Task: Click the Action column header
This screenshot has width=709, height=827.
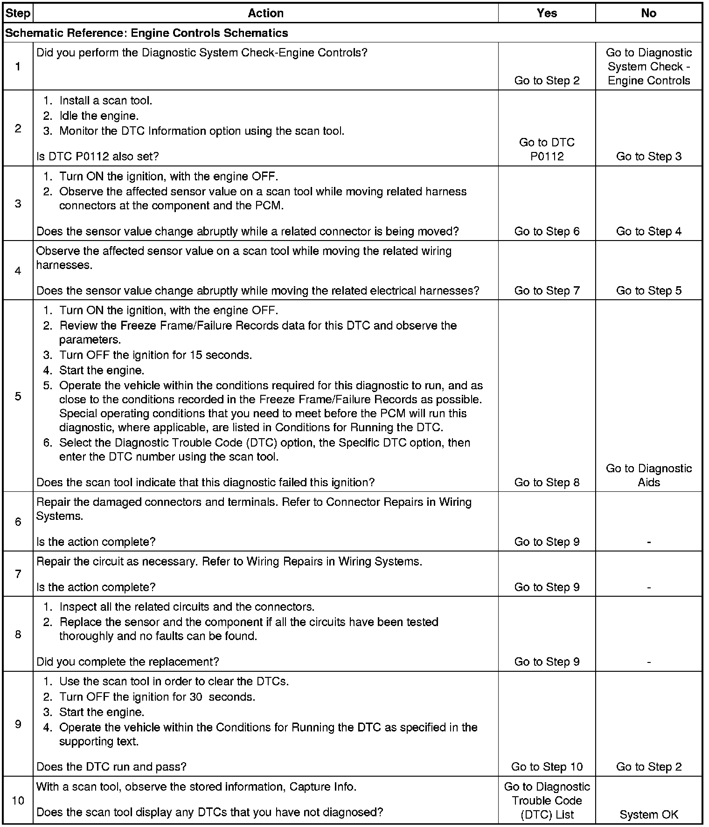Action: pyautogui.click(x=265, y=13)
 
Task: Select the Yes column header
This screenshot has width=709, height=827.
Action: pyautogui.click(x=547, y=13)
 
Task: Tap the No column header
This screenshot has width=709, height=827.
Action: pyautogui.click(x=648, y=13)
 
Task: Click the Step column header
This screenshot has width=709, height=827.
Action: pyautogui.click(x=18, y=13)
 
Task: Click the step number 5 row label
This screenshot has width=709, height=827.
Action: pyautogui.click(x=18, y=396)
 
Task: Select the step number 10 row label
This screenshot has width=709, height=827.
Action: pyautogui.click(x=18, y=800)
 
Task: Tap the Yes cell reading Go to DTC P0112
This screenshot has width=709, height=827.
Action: pyautogui.click(x=547, y=149)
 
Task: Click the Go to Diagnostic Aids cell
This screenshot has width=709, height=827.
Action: pyautogui.click(x=648, y=475)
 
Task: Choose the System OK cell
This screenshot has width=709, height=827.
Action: pyautogui.click(x=648, y=814)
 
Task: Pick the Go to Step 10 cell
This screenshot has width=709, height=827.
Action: pyautogui.click(x=547, y=766)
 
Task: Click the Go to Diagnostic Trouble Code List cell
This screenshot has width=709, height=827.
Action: pyautogui.click(x=547, y=800)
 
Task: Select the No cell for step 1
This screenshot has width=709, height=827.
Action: pyautogui.click(x=648, y=67)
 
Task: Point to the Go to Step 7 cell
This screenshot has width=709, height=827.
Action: pyautogui.click(x=547, y=290)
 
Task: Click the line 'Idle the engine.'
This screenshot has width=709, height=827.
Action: pyautogui.click(x=99, y=116)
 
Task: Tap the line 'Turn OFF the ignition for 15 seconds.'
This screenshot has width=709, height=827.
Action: pyautogui.click(x=155, y=355)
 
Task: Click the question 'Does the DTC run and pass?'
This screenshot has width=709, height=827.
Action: pyautogui.click(x=111, y=766)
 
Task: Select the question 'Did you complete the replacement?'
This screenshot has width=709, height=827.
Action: pyautogui.click(x=127, y=662)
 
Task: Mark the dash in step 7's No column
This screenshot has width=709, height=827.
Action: pyautogui.click(x=648, y=587)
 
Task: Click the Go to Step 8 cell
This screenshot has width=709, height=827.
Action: pyautogui.click(x=547, y=482)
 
